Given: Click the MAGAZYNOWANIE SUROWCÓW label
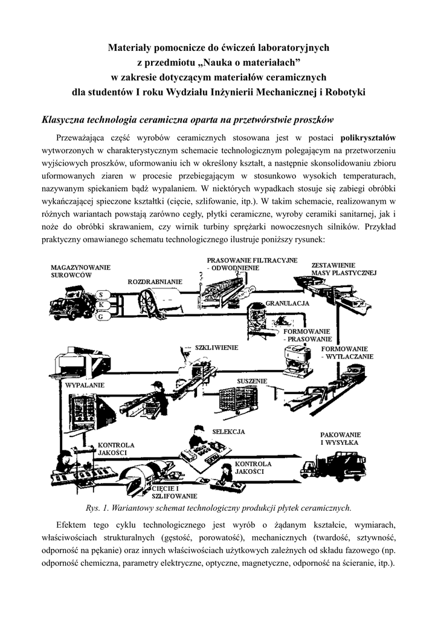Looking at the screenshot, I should [80, 270].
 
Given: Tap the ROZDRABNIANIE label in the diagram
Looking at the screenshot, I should [155, 282].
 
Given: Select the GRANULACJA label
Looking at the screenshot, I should [287, 302].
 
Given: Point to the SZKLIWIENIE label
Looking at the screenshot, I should [216, 348].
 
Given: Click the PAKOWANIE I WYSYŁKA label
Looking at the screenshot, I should [340, 438].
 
